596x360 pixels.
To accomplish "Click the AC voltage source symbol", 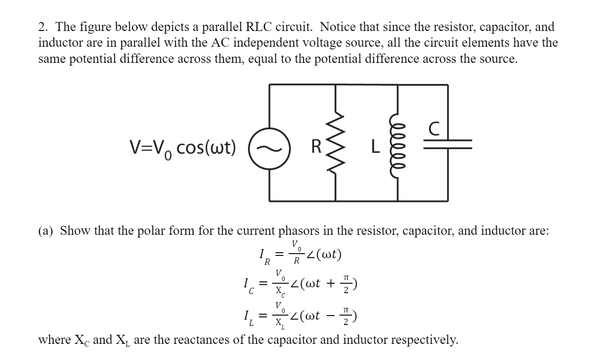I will (269, 146).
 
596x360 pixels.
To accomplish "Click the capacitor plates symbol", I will (447, 143).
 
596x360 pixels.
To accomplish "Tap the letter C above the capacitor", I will (433, 129).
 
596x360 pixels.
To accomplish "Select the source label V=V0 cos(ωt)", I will (182, 147).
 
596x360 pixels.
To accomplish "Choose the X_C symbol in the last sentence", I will (82, 340).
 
